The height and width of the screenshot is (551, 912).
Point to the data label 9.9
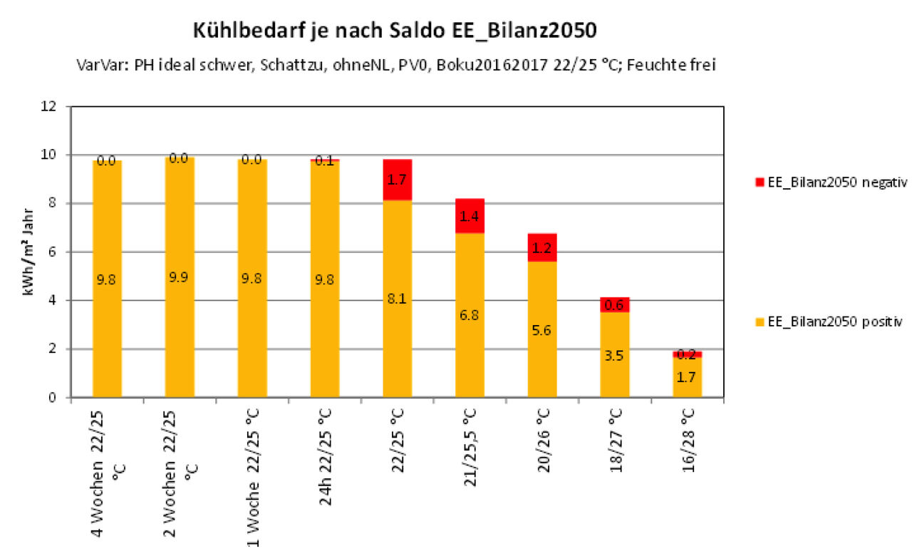(x=179, y=277)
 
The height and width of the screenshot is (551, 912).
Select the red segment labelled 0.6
(x=614, y=305)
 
